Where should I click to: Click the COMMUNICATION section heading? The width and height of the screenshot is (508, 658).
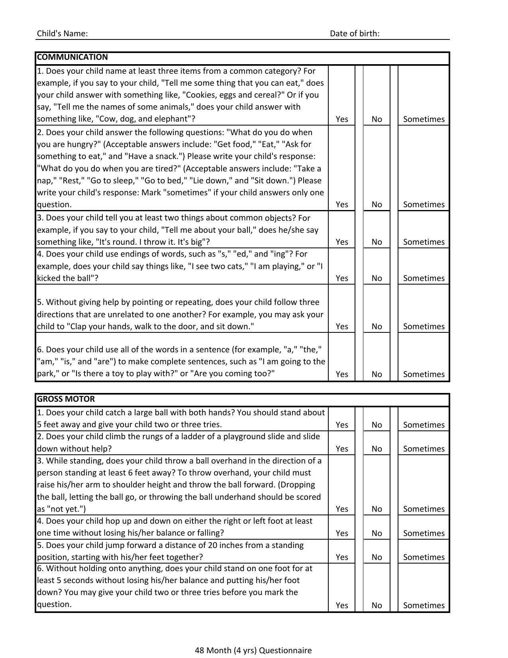point(72,57)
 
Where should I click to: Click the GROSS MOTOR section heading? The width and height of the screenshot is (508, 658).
point(66,399)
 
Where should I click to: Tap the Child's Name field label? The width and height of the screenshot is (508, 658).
point(62,33)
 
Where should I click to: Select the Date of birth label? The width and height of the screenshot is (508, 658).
point(355,33)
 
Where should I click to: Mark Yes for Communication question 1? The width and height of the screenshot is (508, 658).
point(342,119)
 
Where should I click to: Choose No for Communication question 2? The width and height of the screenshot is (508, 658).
point(377,204)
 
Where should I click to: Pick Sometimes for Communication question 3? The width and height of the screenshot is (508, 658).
point(424,242)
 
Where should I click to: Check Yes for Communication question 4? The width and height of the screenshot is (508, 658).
point(342,278)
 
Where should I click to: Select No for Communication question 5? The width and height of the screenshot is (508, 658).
point(377,326)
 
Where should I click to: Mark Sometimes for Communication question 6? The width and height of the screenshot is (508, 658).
point(424,374)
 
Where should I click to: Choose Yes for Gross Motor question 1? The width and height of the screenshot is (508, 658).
point(342,425)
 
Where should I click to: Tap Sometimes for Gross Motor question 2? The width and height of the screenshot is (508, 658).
point(424,449)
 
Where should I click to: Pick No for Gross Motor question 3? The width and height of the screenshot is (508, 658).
point(377,509)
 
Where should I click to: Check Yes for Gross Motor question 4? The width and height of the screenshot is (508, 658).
point(342,533)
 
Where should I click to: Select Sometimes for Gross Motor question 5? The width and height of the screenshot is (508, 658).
point(424,557)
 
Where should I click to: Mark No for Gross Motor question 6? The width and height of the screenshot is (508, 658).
point(377,605)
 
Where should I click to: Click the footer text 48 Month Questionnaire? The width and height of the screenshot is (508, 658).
point(253,650)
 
